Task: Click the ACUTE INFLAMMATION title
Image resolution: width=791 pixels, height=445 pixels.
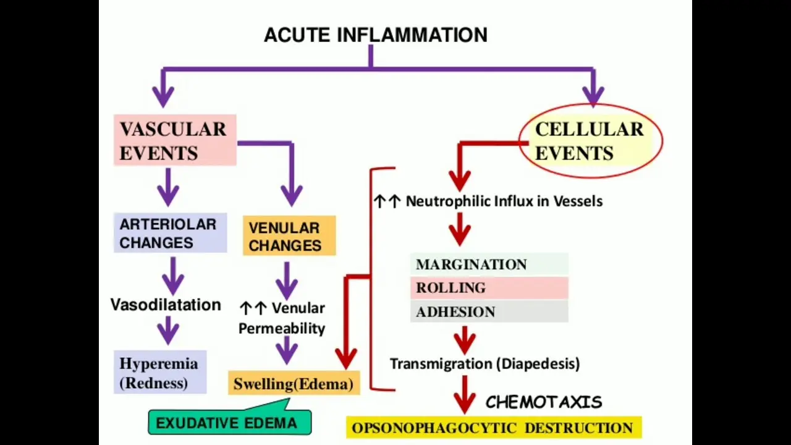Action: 376,35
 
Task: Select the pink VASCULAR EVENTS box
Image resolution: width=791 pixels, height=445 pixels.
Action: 175,140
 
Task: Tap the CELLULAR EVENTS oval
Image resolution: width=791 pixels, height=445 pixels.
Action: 591,141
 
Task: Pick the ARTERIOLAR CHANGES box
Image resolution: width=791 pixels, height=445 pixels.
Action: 170,233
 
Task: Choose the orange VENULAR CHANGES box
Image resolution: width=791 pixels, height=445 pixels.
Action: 289,235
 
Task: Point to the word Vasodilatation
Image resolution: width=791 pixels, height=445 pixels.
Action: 166,305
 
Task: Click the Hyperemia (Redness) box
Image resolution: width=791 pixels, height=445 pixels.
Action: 160,372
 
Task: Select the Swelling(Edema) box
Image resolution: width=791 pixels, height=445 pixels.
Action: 294,383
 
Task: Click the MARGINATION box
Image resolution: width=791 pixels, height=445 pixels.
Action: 489,264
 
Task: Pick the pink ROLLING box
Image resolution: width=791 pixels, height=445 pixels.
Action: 489,288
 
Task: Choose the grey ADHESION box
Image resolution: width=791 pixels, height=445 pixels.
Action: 489,311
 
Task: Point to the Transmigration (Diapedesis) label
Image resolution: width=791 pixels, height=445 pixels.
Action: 485,364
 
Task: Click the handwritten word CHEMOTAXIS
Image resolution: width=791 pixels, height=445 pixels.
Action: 544,402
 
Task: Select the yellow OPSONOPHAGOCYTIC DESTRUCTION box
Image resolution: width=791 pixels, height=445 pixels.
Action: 494,428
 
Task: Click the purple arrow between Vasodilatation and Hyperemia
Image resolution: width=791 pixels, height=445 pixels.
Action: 168,330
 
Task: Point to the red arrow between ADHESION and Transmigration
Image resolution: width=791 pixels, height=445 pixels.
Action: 465,340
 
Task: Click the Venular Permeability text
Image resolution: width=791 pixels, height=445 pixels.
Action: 282,318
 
